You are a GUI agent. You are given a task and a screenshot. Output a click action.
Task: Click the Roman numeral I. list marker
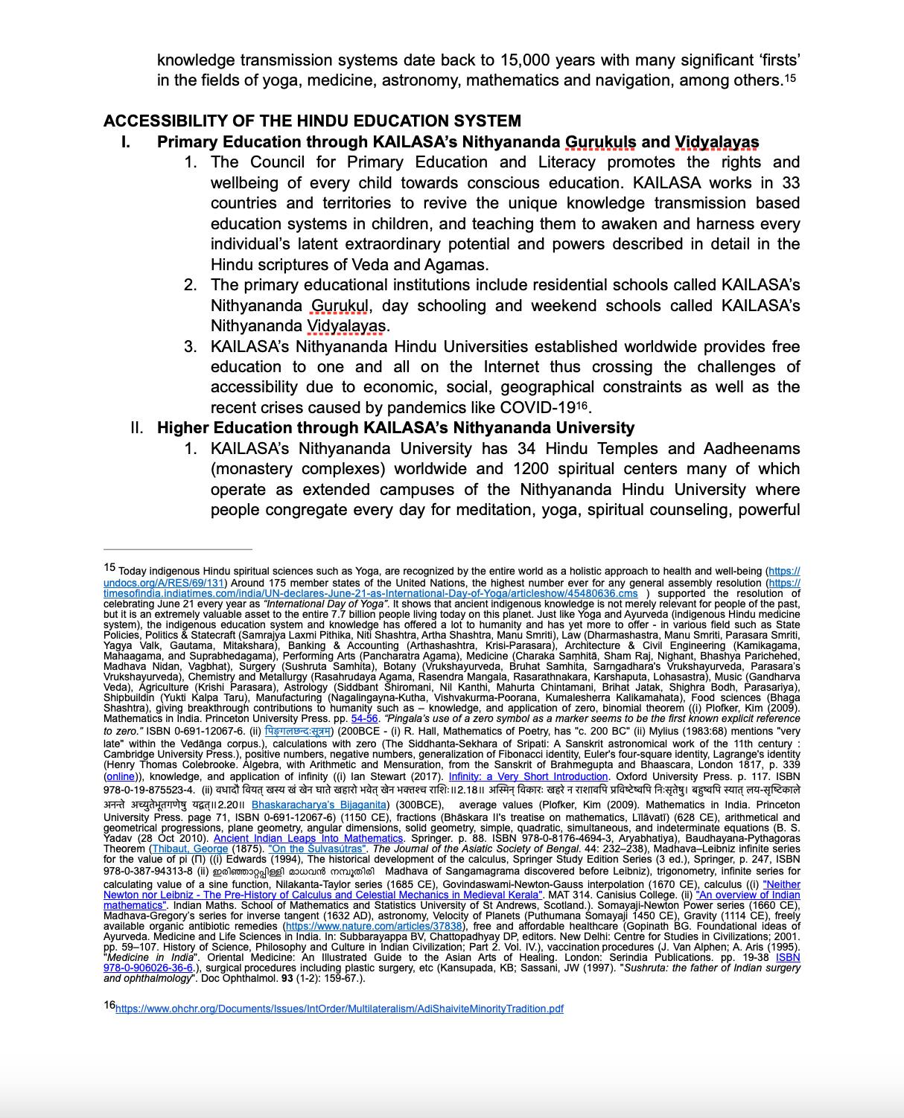pyautogui.click(x=126, y=142)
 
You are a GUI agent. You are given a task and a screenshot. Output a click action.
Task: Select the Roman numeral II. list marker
pyautogui.click(x=136, y=428)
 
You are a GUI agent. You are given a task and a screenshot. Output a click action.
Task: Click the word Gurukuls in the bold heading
pyautogui.click(x=600, y=142)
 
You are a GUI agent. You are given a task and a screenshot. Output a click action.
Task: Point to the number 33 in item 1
pyautogui.click(x=791, y=183)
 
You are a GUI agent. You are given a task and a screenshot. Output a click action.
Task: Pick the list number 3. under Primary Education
pyautogui.click(x=191, y=347)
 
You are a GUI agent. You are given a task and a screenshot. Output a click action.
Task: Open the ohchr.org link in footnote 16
pyautogui.click(x=339, y=1009)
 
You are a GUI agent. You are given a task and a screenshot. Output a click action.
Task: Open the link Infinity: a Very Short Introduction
pyautogui.click(x=528, y=776)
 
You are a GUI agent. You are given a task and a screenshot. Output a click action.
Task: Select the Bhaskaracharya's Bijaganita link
pyautogui.click(x=319, y=805)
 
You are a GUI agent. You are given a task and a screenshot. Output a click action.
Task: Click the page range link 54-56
pyautogui.click(x=365, y=719)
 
